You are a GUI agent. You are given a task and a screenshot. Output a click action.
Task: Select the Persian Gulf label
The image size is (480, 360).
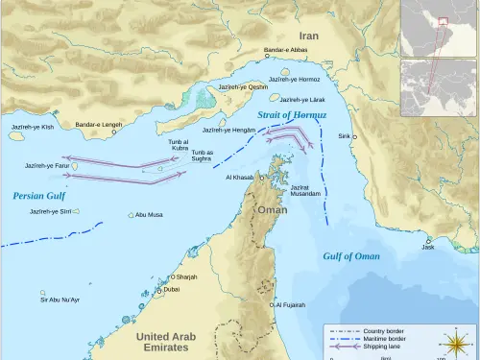(36, 196)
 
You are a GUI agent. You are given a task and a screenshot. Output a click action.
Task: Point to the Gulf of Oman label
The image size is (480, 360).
(350, 256)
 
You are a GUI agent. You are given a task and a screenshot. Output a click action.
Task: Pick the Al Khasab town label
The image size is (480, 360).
(241, 178)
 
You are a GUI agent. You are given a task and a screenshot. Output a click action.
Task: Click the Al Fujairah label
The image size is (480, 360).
(289, 305)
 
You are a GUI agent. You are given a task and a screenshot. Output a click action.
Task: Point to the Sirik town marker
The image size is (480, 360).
(354, 136)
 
